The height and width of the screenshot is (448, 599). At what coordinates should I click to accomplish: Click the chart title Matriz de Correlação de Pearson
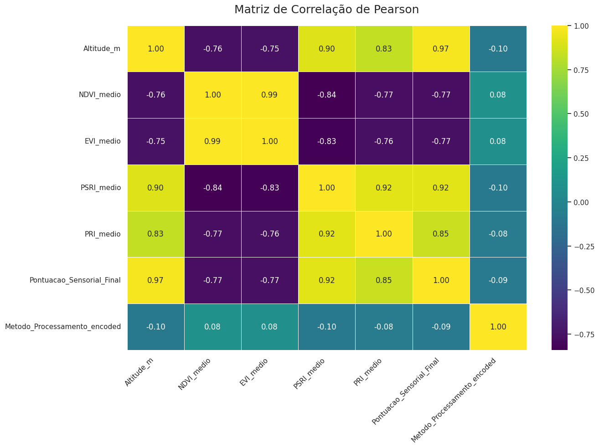[x=326, y=10]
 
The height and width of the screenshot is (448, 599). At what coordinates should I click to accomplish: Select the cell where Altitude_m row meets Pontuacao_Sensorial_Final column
[x=441, y=49]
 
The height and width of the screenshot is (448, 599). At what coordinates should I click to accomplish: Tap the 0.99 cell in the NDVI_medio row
[x=270, y=95]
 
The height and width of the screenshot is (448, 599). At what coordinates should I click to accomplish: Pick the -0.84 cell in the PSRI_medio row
[x=213, y=188]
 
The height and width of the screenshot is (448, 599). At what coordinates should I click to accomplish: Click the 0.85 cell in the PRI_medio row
[x=441, y=234]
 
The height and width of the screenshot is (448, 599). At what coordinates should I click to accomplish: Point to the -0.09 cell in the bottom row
[x=441, y=326]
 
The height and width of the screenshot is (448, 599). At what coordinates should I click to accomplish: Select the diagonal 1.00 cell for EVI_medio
[x=270, y=141]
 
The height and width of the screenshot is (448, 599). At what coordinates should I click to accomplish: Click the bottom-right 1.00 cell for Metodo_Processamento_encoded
[x=498, y=326]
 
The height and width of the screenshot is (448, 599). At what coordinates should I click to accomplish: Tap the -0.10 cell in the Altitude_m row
[x=498, y=49]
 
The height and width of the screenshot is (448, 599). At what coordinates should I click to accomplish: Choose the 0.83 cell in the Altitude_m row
[x=384, y=49]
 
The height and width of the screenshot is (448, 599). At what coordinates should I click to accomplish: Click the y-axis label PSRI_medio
[x=101, y=188]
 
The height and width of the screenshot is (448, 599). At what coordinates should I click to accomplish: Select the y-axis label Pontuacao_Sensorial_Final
[x=75, y=280]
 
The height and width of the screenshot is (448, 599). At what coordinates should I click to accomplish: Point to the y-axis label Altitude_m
[x=102, y=49]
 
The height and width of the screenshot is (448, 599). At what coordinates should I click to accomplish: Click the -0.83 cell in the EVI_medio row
[x=327, y=141]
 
